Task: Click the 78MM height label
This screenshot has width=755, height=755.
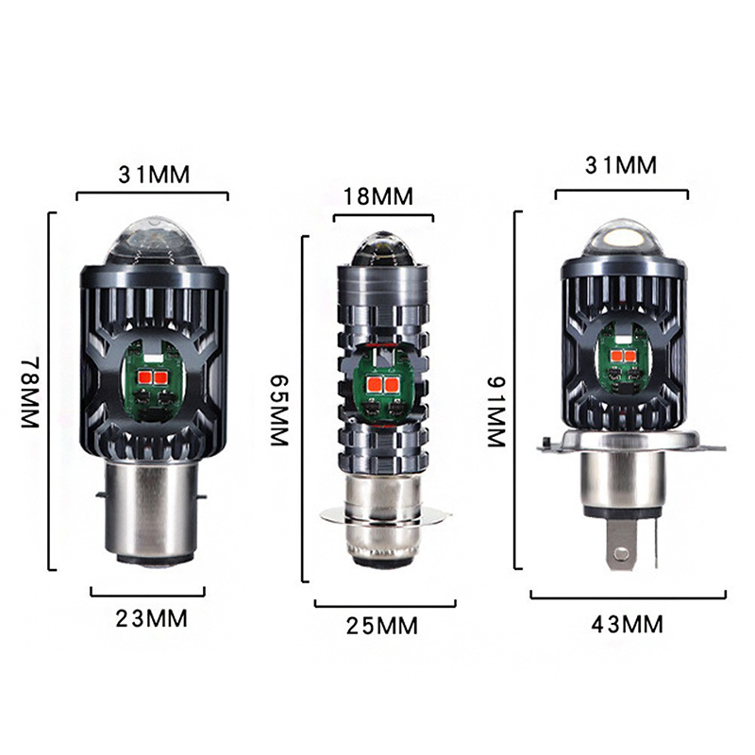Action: point(30,392)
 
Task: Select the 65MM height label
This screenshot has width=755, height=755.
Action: point(278,411)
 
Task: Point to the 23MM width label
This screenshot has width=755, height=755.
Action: point(151,619)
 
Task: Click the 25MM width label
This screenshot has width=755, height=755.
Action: point(382,626)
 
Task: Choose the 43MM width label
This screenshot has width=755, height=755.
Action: point(627,625)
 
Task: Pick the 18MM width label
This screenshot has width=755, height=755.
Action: point(378,196)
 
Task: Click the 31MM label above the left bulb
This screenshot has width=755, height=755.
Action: point(154,175)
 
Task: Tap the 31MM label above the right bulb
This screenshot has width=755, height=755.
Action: point(621,165)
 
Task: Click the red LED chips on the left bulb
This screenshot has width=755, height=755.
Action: point(154,377)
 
